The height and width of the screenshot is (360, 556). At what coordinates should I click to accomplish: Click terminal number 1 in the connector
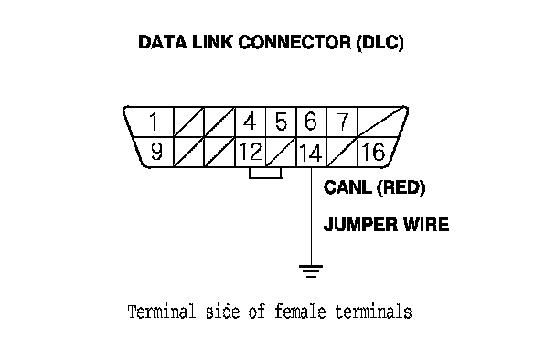point(154,122)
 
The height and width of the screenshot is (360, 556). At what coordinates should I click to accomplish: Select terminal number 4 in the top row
point(250,122)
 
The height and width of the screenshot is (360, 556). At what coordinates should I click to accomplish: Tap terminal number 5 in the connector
point(281,122)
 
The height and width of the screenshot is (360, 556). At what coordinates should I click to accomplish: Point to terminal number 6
point(311,122)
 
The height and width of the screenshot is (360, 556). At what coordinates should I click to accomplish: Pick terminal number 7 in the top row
point(342,122)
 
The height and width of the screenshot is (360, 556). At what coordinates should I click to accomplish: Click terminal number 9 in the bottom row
point(156,152)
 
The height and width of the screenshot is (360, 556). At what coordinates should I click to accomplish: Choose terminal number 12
point(251,152)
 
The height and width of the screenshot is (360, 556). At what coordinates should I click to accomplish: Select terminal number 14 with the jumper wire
point(311,153)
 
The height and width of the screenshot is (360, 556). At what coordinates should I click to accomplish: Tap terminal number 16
point(373,152)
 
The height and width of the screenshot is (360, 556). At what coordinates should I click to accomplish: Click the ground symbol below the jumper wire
point(311,270)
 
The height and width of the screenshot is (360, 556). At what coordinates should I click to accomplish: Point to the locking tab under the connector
point(265,173)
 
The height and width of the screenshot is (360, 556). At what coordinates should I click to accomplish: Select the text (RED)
point(401,188)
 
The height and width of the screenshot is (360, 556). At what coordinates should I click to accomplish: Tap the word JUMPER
point(357,225)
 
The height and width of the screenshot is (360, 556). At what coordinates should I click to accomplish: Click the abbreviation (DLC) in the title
point(380,43)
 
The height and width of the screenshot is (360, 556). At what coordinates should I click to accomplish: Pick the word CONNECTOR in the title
point(294,42)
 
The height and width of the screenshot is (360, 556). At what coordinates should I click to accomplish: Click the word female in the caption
point(300,312)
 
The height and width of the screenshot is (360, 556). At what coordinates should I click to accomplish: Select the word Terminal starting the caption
point(162,312)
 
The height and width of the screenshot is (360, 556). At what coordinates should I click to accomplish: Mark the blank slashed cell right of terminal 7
point(382,122)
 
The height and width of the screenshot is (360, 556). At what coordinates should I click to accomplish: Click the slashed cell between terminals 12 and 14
point(281,152)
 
